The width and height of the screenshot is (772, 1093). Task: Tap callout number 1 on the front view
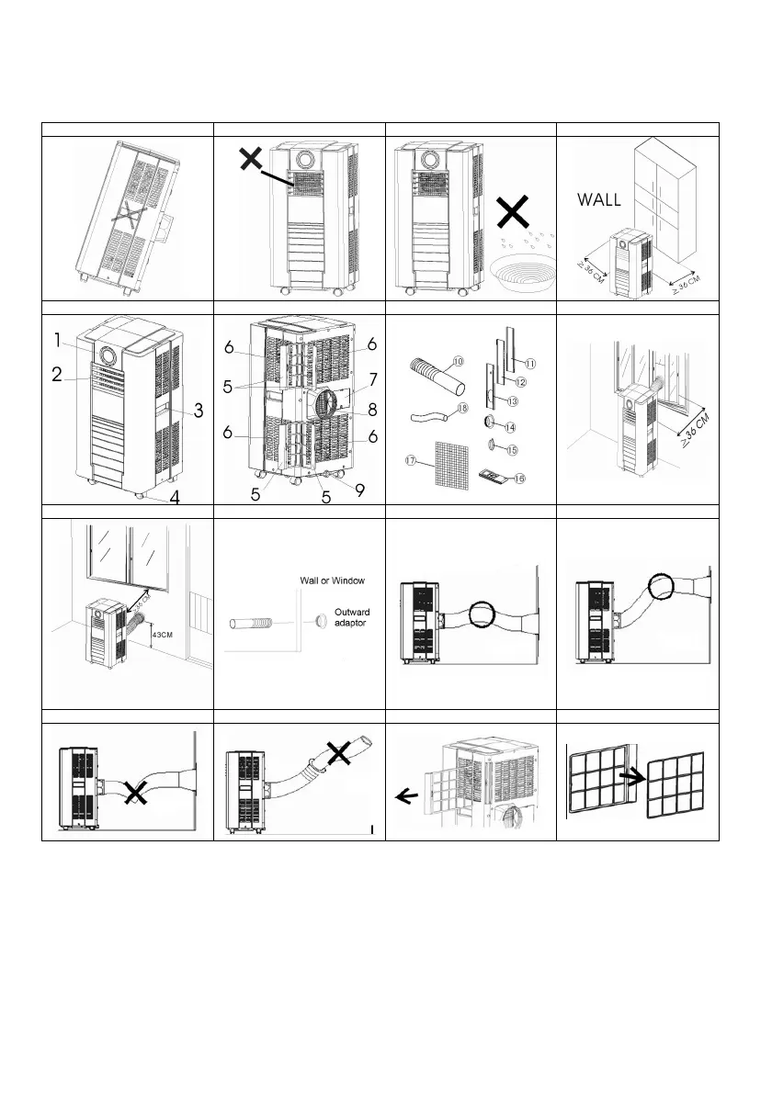pyautogui.click(x=57, y=340)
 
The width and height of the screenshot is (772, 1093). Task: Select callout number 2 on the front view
pyautogui.click(x=57, y=375)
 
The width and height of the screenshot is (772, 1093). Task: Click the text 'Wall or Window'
pyautogui.click(x=331, y=580)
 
